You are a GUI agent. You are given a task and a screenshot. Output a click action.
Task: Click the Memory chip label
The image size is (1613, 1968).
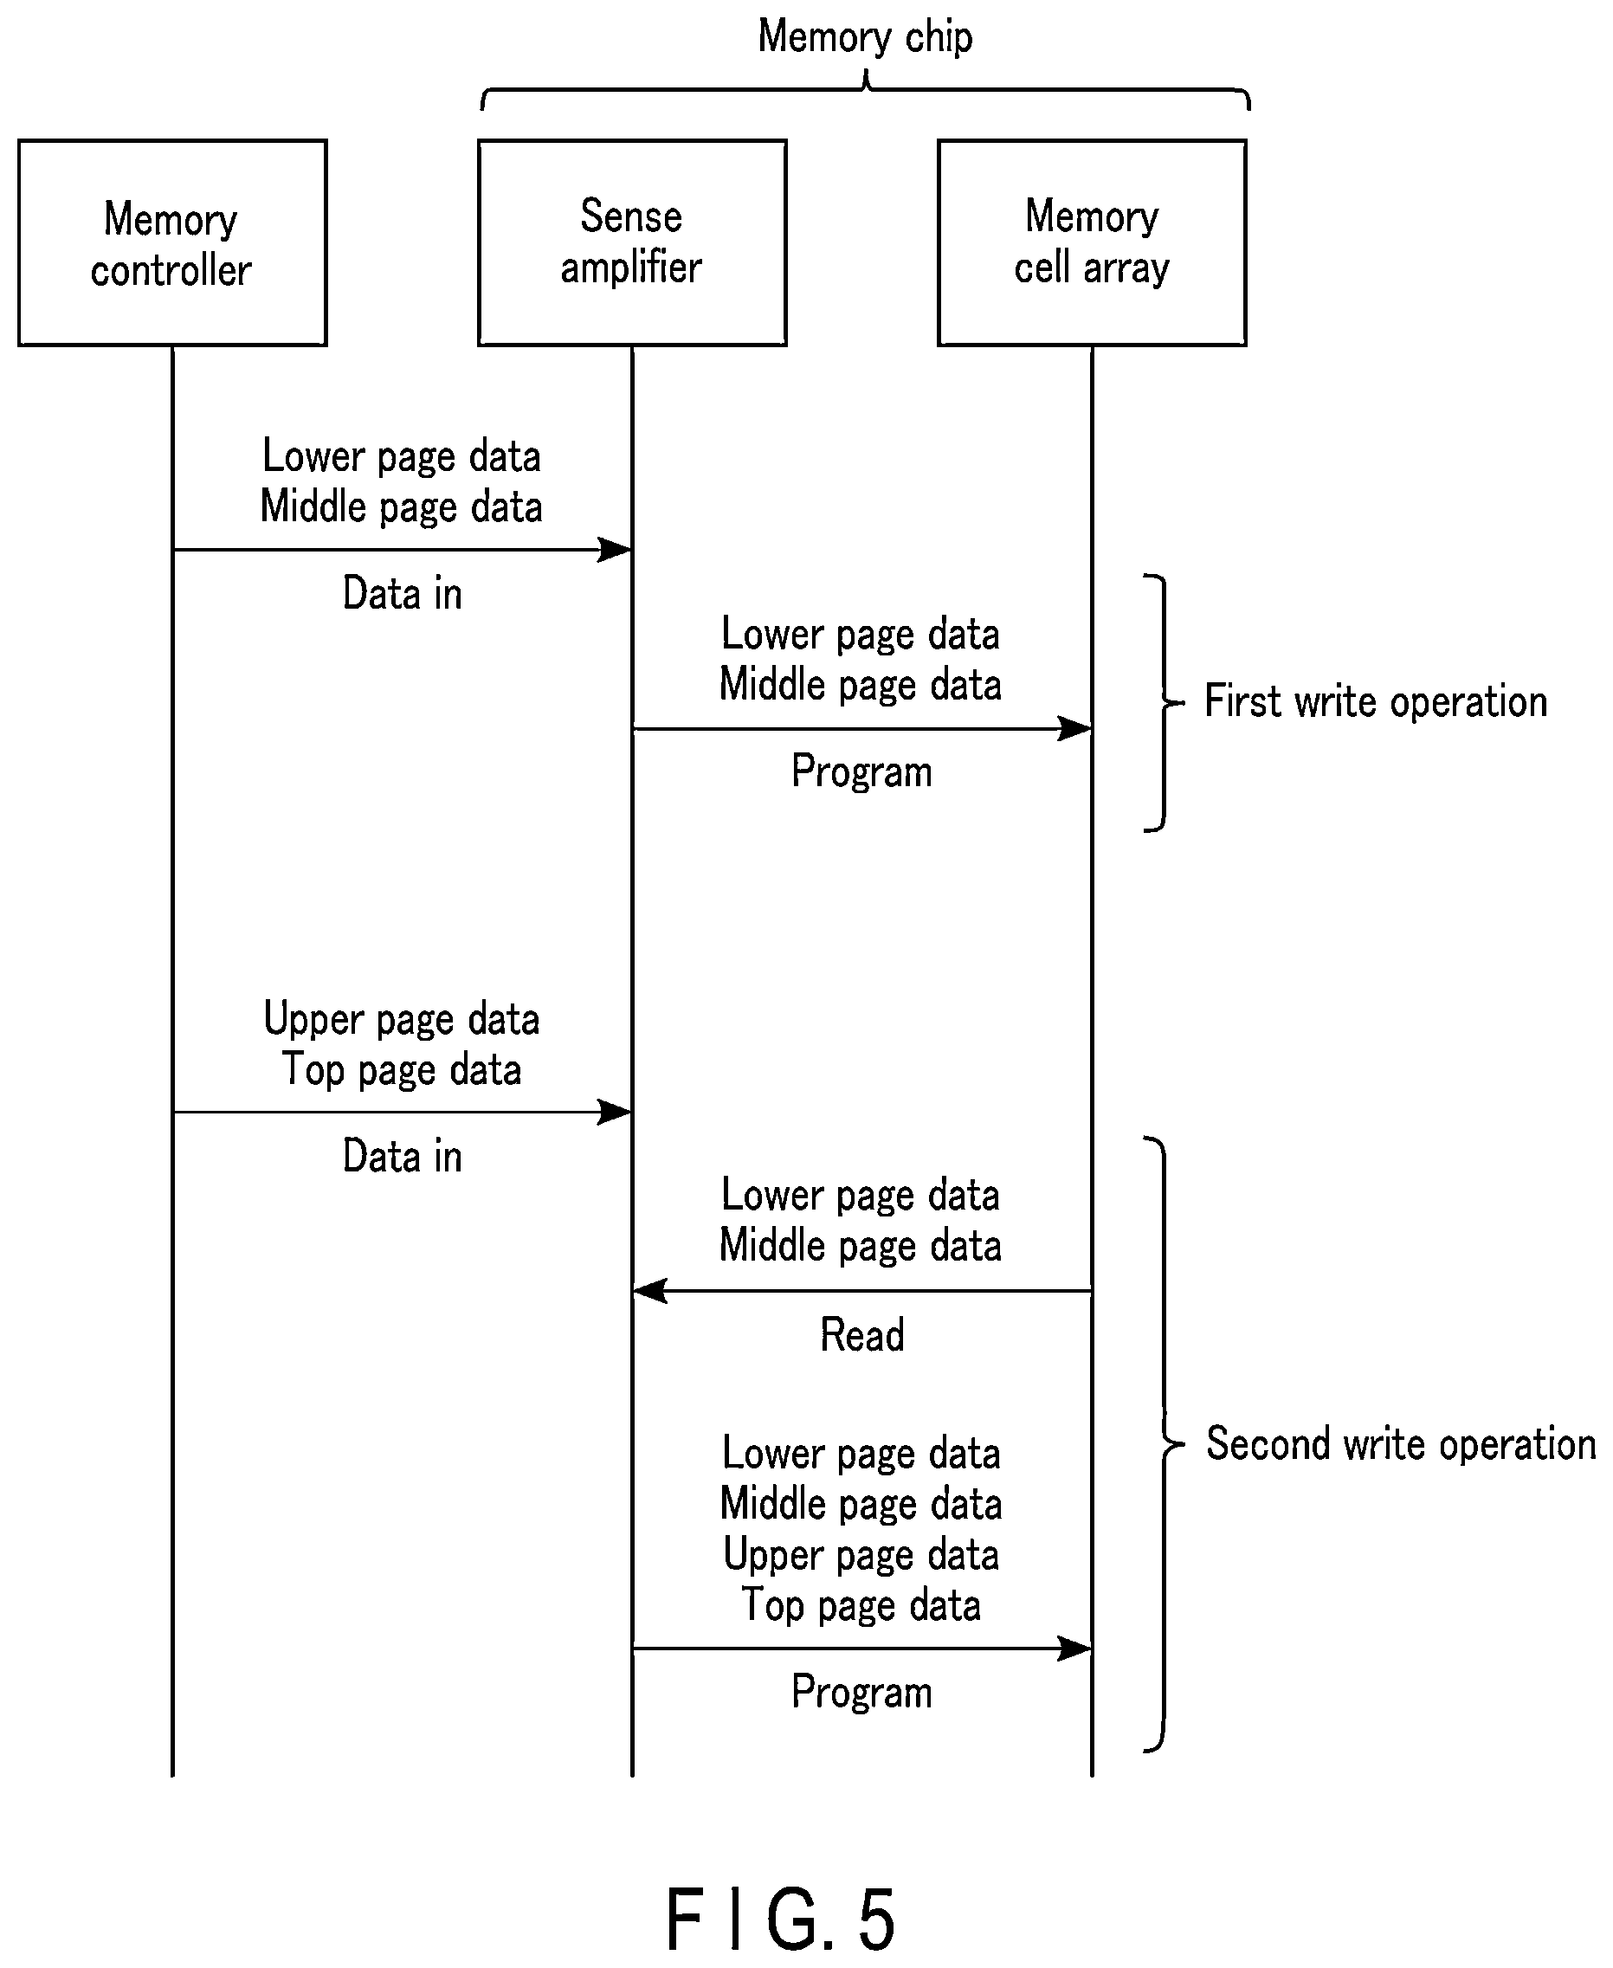[x=865, y=38]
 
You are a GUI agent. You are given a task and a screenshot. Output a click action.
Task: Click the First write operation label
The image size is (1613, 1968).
[x=1376, y=701]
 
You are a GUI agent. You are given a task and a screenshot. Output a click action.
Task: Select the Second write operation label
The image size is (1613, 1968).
[x=1401, y=1444]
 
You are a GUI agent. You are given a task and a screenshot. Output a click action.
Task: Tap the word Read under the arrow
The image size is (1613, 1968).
[x=861, y=1335]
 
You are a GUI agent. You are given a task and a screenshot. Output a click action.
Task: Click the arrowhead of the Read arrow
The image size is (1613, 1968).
[x=648, y=1291]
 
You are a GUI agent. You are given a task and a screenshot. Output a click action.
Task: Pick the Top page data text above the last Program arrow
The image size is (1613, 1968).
[x=861, y=1604]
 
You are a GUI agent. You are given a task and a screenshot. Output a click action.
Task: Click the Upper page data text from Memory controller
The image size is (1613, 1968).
[x=402, y=1019]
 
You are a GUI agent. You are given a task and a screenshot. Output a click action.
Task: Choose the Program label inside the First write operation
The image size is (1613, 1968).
[x=861, y=771]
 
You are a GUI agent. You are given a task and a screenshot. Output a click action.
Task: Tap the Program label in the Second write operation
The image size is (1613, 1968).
[x=861, y=1691]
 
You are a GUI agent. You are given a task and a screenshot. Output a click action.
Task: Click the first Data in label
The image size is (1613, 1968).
[x=403, y=593]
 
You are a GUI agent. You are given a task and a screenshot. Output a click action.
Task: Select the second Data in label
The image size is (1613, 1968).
[x=403, y=1156]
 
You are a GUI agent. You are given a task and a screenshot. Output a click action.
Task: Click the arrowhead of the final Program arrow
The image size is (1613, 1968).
[x=1076, y=1649]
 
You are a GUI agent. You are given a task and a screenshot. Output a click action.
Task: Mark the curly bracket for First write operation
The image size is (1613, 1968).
[x=1165, y=702]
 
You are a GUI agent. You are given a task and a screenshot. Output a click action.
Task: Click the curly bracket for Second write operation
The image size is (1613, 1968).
[x=1165, y=1445]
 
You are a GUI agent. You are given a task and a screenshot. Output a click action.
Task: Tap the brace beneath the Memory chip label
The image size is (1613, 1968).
[x=865, y=89]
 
